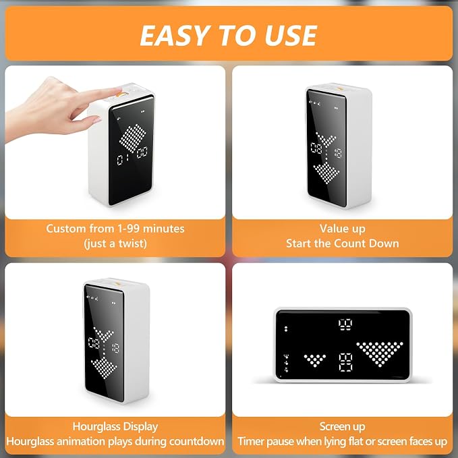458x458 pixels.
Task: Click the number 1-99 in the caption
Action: pos(128,229)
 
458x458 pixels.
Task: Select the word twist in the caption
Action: pos(132,244)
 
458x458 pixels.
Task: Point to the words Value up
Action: pos(343,229)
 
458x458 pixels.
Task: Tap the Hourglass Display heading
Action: pos(115,427)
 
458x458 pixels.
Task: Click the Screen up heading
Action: pos(343,427)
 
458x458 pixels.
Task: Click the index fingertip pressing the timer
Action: pos(118,90)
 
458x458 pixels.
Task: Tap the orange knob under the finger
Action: pos(122,94)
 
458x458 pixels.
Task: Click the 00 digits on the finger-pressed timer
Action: pos(142,152)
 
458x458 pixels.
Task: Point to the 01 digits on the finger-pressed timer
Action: pos(123,160)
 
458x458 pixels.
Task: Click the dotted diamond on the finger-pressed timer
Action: pos(133,138)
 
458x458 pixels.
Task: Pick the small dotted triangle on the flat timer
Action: pos(314,360)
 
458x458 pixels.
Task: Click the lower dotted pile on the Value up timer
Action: pos(326,173)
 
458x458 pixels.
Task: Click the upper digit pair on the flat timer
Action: pos(345,325)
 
